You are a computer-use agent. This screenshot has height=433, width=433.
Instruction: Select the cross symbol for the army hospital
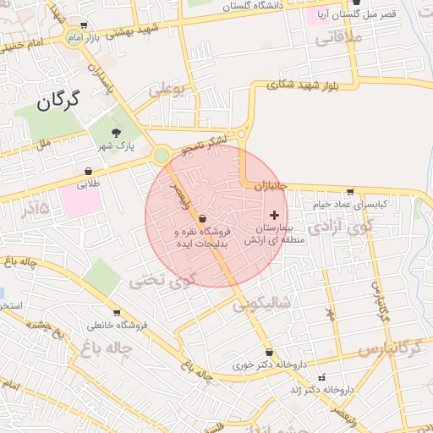click(273, 216)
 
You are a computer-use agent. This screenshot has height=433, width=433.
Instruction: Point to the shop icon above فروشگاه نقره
click(201, 217)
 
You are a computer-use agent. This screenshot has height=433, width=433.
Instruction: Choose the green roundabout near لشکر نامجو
click(161, 156)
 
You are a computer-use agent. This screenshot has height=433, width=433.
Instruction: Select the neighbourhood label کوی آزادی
click(340, 227)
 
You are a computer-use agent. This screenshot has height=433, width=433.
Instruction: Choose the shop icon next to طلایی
click(88, 171)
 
